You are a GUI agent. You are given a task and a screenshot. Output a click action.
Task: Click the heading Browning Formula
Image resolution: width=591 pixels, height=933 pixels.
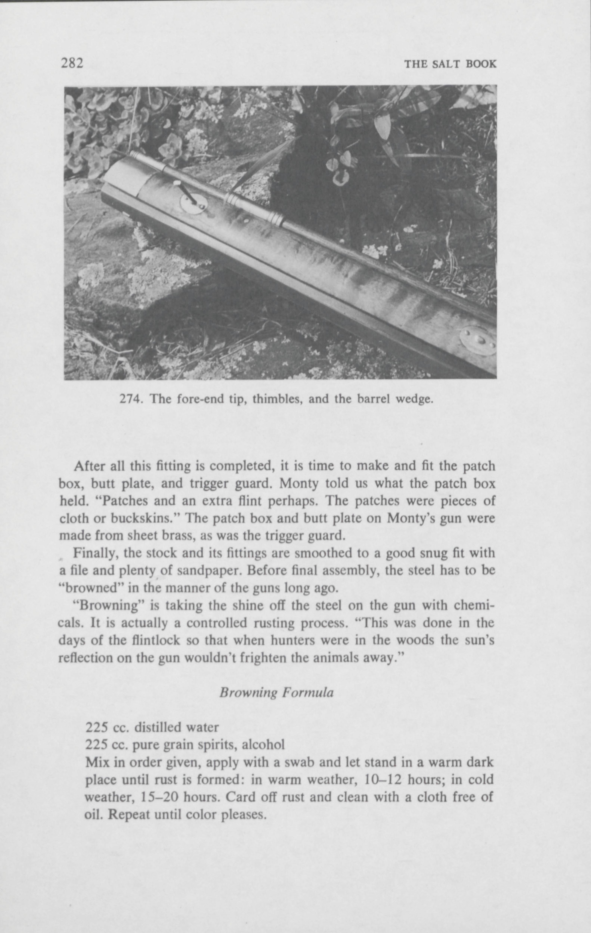tap(276, 692)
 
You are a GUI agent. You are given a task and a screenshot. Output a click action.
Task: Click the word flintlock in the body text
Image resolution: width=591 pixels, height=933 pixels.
tap(153, 640)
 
